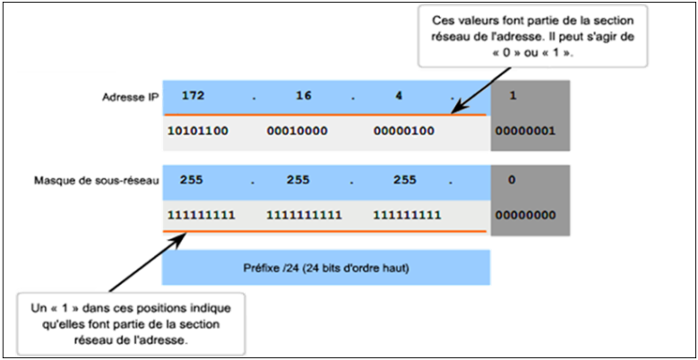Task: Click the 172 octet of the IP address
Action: (x=194, y=95)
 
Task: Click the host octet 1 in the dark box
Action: (x=512, y=95)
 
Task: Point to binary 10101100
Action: (x=197, y=131)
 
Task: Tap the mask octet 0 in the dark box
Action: (x=512, y=180)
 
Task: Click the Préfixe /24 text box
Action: (x=326, y=268)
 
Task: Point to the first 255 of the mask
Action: (x=194, y=180)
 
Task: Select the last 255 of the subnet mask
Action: (x=405, y=180)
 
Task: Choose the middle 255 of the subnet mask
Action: (x=298, y=180)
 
